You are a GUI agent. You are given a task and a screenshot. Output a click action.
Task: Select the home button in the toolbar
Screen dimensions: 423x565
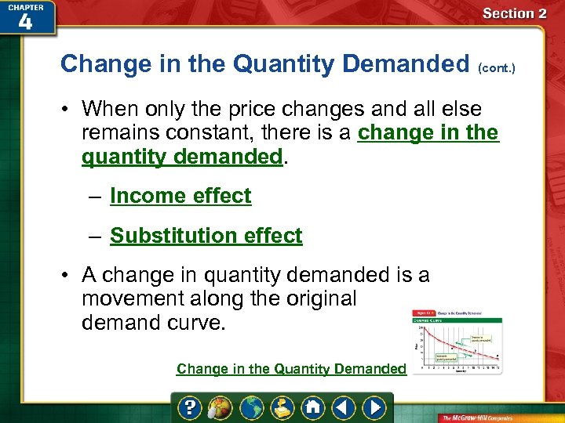[312, 407]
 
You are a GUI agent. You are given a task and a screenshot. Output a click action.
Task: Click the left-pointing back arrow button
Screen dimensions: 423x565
[343, 407]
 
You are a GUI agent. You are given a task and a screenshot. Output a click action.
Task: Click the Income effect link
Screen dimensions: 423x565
[180, 196]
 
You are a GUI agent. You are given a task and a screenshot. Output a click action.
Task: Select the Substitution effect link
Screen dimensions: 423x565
[206, 236]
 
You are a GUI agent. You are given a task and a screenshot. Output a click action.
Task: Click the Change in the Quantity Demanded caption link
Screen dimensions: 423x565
[291, 369]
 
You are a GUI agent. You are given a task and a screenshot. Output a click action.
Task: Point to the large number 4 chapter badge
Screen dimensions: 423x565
[25, 22]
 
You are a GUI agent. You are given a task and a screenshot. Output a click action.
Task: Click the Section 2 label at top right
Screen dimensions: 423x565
[514, 13]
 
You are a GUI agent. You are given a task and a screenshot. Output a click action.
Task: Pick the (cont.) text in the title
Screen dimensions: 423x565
[498, 67]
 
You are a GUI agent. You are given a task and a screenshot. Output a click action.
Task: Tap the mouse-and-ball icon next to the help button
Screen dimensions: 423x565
[221, 407]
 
